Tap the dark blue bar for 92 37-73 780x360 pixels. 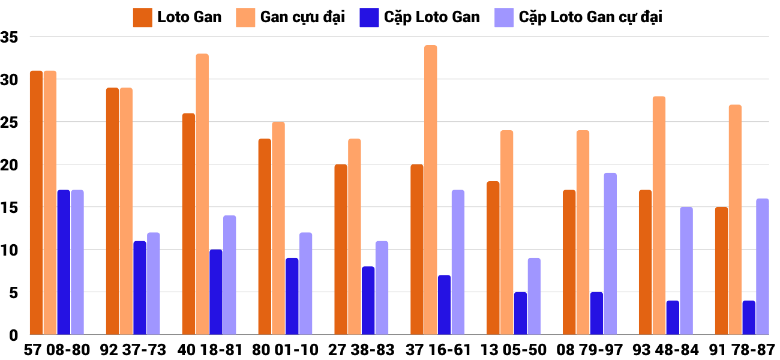coord(140,288)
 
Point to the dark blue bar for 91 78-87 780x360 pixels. coord(749,317)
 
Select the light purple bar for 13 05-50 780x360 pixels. coord(534,296)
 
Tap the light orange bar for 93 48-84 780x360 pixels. coord(659,215)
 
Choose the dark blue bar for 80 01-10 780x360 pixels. coord(292,296)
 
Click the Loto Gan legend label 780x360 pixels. coord(189,17)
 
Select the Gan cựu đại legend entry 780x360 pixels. coord(302,17)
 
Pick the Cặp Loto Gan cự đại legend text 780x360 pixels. coord(590,17)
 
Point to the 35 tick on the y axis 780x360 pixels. coord(11,37)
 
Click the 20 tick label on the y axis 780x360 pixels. coord(11,165)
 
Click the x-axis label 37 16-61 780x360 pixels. coord(438,350)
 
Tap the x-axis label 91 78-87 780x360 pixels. coord(742,350)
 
